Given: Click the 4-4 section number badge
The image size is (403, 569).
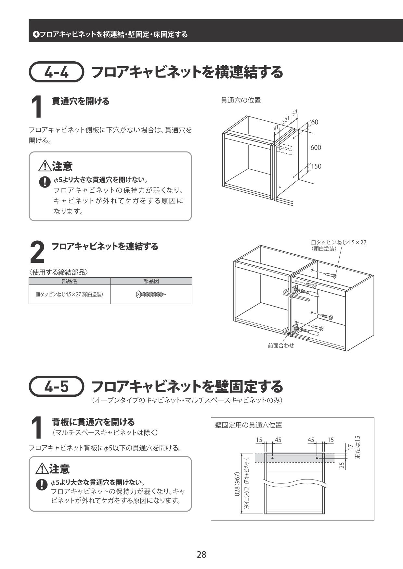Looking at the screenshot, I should pos(57,72).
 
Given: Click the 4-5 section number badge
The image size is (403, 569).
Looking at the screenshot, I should pos(57,386).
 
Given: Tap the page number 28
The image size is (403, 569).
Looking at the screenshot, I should pos(201,554).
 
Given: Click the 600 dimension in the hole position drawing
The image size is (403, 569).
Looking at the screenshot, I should pos(316,148).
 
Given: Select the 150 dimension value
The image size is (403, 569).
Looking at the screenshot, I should pos(316,166).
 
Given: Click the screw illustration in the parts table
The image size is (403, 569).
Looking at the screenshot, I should pos(151,295).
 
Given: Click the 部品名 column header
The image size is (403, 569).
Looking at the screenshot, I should pos(70,281).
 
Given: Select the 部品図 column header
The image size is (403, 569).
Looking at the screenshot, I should pos(151,281).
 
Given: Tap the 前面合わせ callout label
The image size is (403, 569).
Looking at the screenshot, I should pos(281,346).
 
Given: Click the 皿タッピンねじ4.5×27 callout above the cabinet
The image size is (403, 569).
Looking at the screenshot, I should pos(338,242).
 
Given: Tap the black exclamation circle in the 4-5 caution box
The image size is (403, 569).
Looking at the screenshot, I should pos(42,485).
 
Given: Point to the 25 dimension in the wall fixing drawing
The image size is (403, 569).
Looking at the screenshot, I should pos(342,465).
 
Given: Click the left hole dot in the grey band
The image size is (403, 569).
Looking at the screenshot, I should pos(272,458).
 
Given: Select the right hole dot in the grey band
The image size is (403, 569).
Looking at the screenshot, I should pos(317,458).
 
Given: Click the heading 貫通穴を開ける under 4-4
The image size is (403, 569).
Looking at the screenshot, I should pos(81,102).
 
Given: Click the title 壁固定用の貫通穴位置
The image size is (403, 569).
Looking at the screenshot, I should pos(248,425).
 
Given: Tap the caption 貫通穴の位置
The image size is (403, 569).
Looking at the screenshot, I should pos(240,101).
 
